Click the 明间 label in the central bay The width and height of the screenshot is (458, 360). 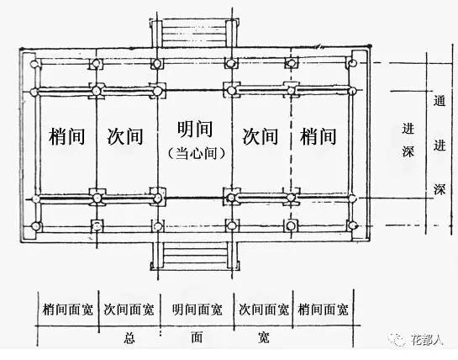click(x=195, y=129)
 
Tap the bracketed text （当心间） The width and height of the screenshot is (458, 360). click(x=197, y=153)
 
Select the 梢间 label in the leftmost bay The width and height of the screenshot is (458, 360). click(x=67, y=136)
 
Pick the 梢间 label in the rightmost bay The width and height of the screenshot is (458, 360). click(x=318, y=136)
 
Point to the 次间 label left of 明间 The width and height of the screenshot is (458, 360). click(x=125, y=136)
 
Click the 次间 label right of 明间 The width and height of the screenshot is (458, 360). click(x=260, y=136)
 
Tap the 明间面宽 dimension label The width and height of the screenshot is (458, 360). click(x=197, y=310)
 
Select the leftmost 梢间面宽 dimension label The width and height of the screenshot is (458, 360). click(x=68, y=310)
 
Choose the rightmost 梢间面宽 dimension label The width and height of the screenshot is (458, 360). click(x=323, y=310)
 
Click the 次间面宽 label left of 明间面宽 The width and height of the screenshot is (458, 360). click(x=129, y=310)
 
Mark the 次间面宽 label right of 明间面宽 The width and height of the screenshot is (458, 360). click(x=264, y=310)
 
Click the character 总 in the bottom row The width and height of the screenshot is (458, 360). click(x=129, y=338)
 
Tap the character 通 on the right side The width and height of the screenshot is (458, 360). click(x=440, y=101)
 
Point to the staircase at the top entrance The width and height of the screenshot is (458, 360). click(x=194, y=33)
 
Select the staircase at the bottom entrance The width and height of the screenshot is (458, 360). click(x=195, y=257)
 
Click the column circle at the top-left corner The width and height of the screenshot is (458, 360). click(x=34, y=63)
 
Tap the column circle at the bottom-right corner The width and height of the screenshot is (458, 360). click(x=353, y=225)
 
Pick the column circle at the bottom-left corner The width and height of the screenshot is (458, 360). click(x=36, y=226)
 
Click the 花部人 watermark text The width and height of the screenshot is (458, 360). click(x=428, y=340)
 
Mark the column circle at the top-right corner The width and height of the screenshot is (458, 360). click(x=353, y=63)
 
